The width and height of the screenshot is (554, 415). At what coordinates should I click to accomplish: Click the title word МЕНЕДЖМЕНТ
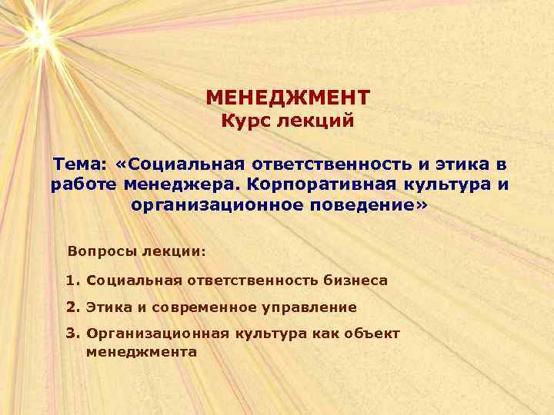point(288,98)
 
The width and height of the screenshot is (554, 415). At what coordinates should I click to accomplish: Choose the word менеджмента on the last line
point(142,352)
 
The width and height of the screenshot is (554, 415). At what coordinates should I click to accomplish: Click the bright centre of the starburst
point(38,33)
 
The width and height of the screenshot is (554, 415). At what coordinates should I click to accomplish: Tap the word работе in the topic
point(78,185)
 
